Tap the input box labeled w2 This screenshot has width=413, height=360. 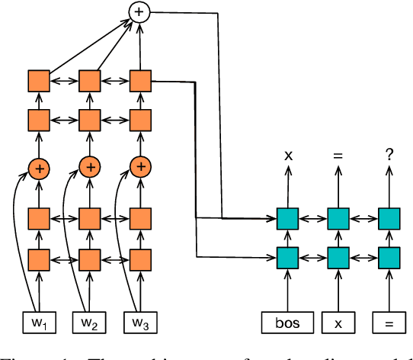pos(90,323)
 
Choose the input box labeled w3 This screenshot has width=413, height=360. pos(139,323)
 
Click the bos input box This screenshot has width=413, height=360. pos(288,323)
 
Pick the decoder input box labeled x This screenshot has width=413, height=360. pos(339,323)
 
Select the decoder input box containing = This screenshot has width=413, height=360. pos(389,323)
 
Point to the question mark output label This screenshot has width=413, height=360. pos(389,156)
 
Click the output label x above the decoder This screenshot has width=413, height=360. pos(288,156)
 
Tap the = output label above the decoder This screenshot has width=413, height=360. pos(339,156)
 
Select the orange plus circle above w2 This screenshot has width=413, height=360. pos(90,167)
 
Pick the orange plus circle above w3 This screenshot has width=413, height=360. pos(139,167)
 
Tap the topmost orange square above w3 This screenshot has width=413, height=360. pos(139,81)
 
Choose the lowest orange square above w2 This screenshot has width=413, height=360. pos(90,257)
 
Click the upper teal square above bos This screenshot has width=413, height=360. pos(288,219)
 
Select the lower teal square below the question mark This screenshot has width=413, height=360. pos(389,257)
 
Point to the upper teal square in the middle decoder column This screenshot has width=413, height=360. pos(339,219)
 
